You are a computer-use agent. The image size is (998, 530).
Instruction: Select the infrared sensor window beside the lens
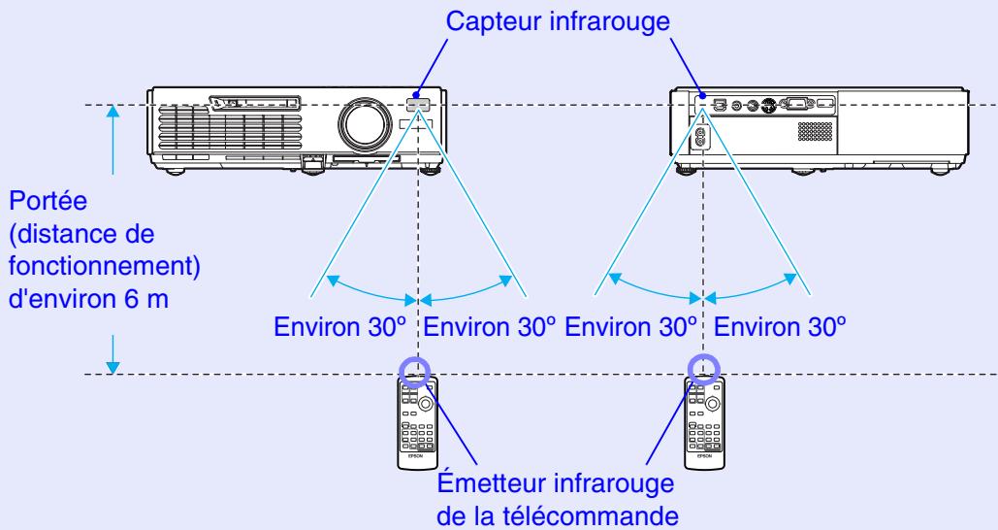[418, 104]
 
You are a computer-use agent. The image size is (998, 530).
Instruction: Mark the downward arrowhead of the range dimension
[114, 366]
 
